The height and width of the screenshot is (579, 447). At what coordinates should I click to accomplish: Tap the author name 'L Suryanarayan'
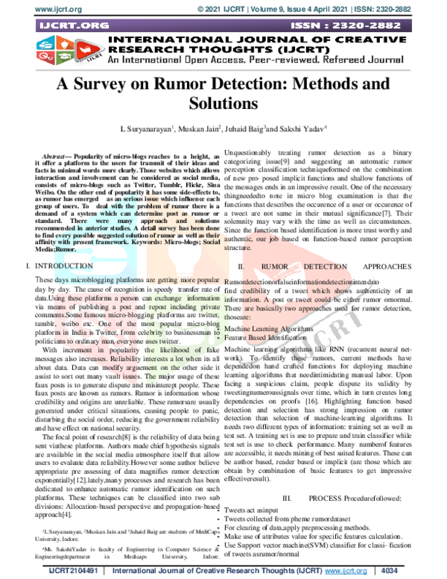coord(144,131)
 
